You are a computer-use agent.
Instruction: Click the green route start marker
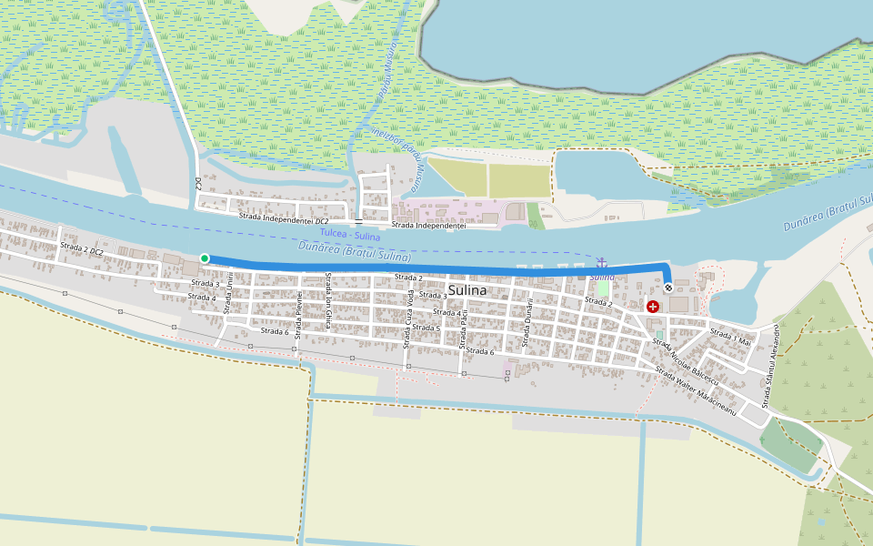(x=205, y=258)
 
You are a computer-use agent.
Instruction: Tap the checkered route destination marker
(x=669, y=288)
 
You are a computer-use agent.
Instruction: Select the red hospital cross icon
(x=653, y=307)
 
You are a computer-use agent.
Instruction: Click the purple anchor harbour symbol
(x=600, y=263)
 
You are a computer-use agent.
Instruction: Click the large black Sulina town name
(x=467, y=290)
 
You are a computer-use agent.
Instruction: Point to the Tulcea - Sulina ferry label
(x=350, y=235)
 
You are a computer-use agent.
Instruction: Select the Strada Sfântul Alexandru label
(x=771, y=365)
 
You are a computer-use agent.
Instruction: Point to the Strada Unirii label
(x=229, y=297)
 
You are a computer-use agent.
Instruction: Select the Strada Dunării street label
(x=526, y=323)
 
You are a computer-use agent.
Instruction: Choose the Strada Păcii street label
(x=464, y=329)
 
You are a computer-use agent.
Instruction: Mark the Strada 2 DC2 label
(x=82, y=248)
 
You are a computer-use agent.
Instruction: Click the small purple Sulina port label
(x=602, y=276)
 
